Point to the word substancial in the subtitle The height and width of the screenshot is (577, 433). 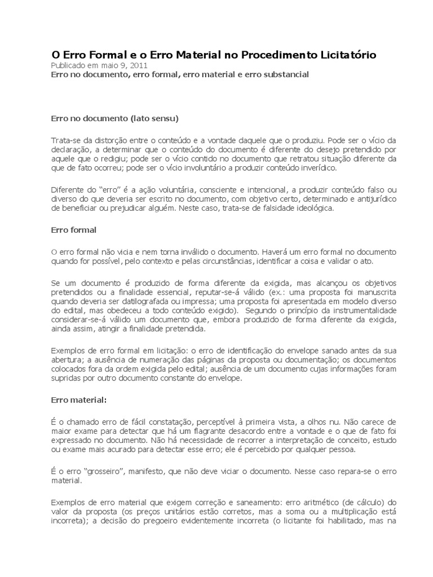[x=284, y=75]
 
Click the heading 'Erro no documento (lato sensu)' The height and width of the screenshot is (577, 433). [x=114, y=119]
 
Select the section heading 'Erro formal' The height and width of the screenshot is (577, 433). [x=74, y=230]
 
